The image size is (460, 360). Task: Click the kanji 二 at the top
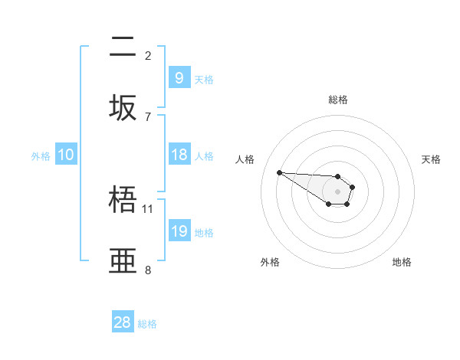123,47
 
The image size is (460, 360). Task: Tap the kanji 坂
123,107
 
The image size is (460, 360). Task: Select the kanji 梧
123,201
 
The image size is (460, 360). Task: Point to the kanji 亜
123,261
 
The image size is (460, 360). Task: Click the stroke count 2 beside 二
148,55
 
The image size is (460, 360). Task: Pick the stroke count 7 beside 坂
148,116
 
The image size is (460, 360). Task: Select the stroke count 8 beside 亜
148,270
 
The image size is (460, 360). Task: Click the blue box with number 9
179,77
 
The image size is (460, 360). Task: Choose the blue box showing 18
179,155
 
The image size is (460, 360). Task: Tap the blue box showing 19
179,231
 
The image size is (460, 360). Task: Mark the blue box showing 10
66,155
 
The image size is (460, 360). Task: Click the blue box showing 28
123,322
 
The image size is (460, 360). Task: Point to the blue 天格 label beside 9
204,79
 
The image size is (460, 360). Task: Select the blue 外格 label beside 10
41,156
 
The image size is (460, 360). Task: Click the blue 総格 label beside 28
147,324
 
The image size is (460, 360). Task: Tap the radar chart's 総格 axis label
338,100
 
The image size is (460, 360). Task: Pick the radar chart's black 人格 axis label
245,159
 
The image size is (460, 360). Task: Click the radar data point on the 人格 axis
279,172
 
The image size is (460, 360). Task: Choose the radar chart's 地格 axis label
402,262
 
